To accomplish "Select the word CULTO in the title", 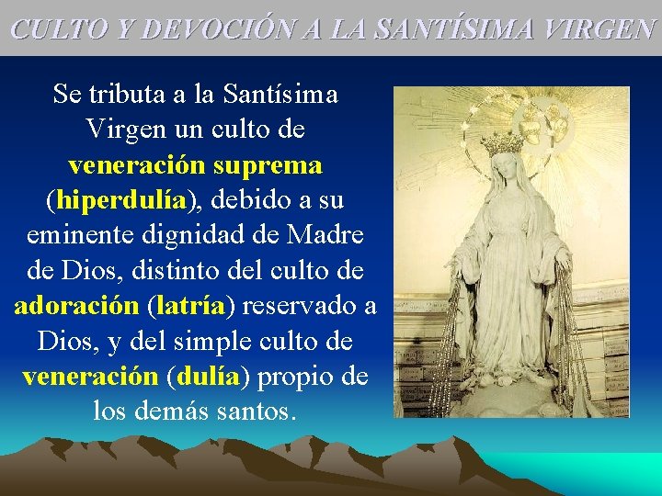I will [x=55, y=28].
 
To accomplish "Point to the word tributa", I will [x=128, y=94].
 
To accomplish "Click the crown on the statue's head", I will [x=503, y=144].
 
